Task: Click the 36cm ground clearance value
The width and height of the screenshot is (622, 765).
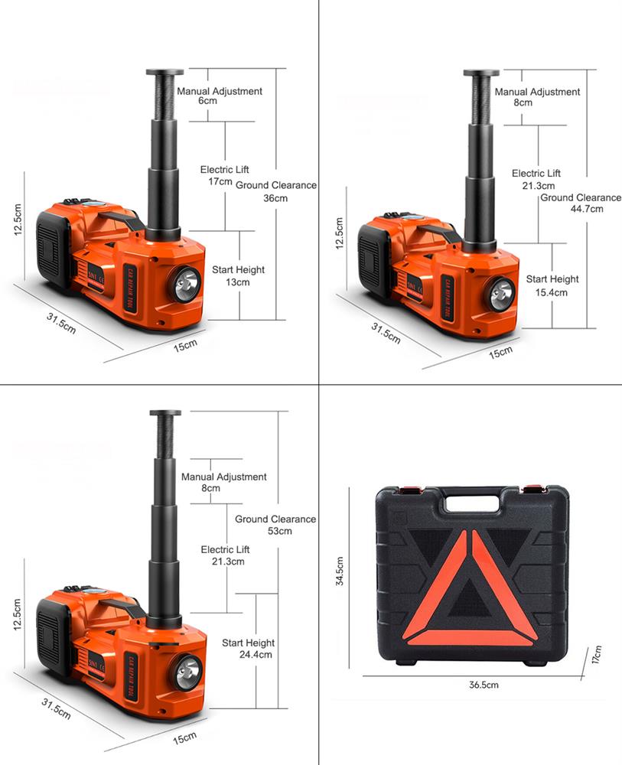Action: click(x=275, y=198)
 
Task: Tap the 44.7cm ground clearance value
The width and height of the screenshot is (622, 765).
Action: click(x=587, y=209)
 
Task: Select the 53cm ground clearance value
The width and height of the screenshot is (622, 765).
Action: click(x=280, y=531)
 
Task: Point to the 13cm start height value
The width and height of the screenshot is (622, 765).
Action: click(x=238, y=282)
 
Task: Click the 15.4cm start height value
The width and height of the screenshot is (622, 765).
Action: click(x=552, y=293)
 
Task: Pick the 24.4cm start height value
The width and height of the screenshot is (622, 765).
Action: click(x=256, y=655)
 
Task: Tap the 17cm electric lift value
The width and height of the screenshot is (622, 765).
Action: click(x=220, y=181)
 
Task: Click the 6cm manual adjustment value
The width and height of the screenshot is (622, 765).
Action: click(x=207, y=100)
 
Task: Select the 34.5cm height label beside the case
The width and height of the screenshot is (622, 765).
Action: click(x=340, y=571)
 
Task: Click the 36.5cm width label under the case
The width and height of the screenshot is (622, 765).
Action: click(x=484, y=685)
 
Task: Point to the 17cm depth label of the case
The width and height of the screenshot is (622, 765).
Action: click(x=597, y=654)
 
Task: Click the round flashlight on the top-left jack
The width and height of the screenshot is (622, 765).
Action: click(x=185, y=285)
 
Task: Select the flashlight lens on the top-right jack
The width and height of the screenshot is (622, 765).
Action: click(x=500, y=295)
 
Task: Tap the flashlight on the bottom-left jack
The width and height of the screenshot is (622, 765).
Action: click(x=187, y=673)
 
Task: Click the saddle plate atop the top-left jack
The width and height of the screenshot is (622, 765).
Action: click(x=165, y=72)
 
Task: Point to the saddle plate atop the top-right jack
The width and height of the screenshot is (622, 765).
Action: click(x=481, y=73)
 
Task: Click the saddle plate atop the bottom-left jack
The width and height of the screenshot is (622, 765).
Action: click(x=165, y=413)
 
